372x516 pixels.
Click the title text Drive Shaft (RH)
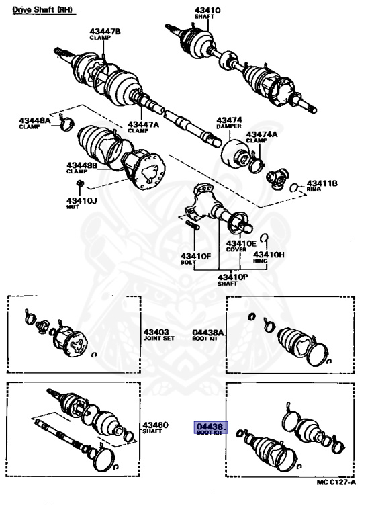[41, 9]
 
